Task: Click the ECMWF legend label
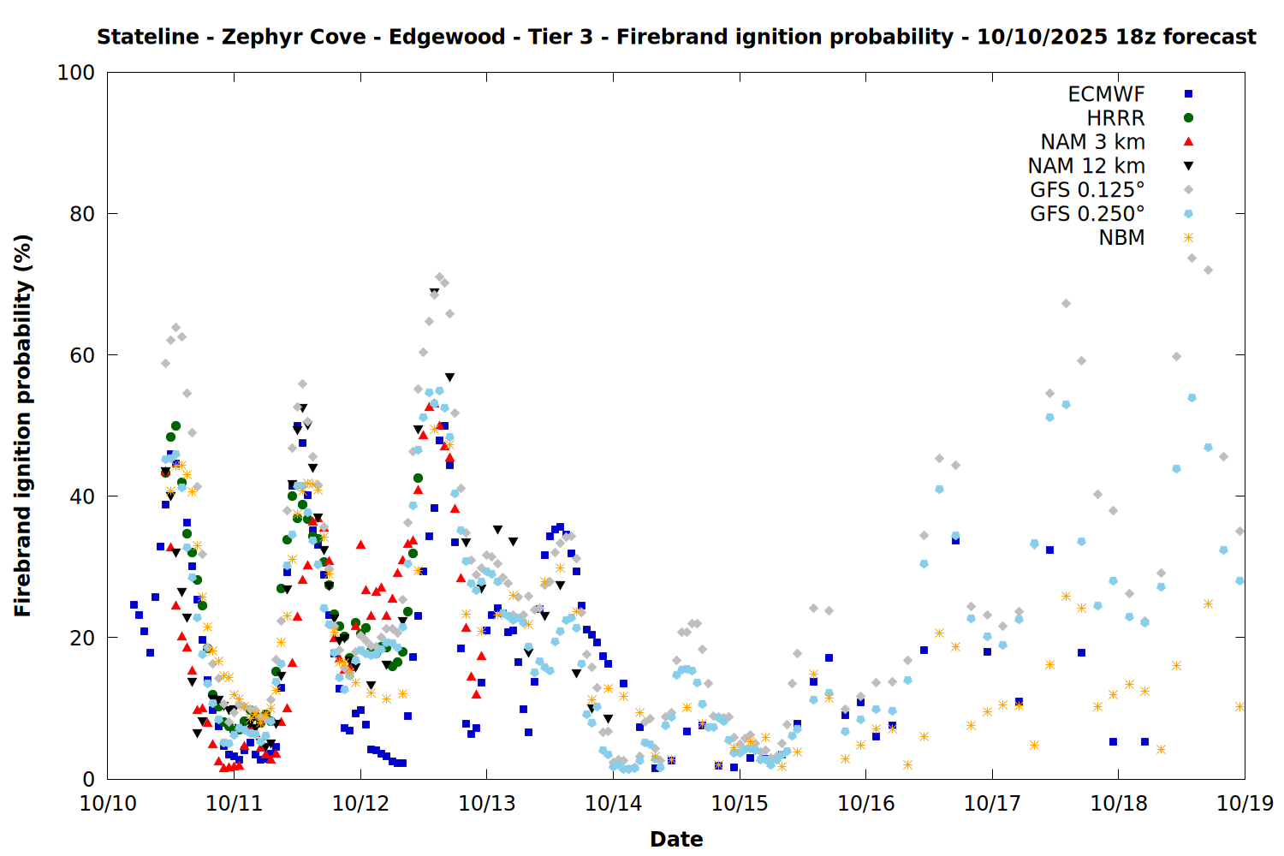tap(1106, 94)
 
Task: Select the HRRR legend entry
tap(1115, 118)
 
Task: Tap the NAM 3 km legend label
tap(1092, 142)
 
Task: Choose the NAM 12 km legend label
tap(1086, 166)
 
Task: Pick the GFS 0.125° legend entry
tap(1087, 190)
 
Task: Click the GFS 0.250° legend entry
tap(1087, 214)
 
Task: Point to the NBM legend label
tap(1121, 238)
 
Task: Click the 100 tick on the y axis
tap(76, 73)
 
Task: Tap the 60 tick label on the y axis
tap(82, 355)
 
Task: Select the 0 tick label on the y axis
tap(89, 779)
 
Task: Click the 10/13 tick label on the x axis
tap(487, 804)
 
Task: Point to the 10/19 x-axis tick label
tap(1245, 804)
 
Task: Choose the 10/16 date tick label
tap(865, 804)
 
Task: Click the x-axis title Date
tap(676, 839)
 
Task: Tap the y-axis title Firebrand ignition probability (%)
tap(23, 425)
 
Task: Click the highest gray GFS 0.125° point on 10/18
tap(1192, 258)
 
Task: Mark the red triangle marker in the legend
tap(1188, 142)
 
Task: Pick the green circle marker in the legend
tap(1188, 118)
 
